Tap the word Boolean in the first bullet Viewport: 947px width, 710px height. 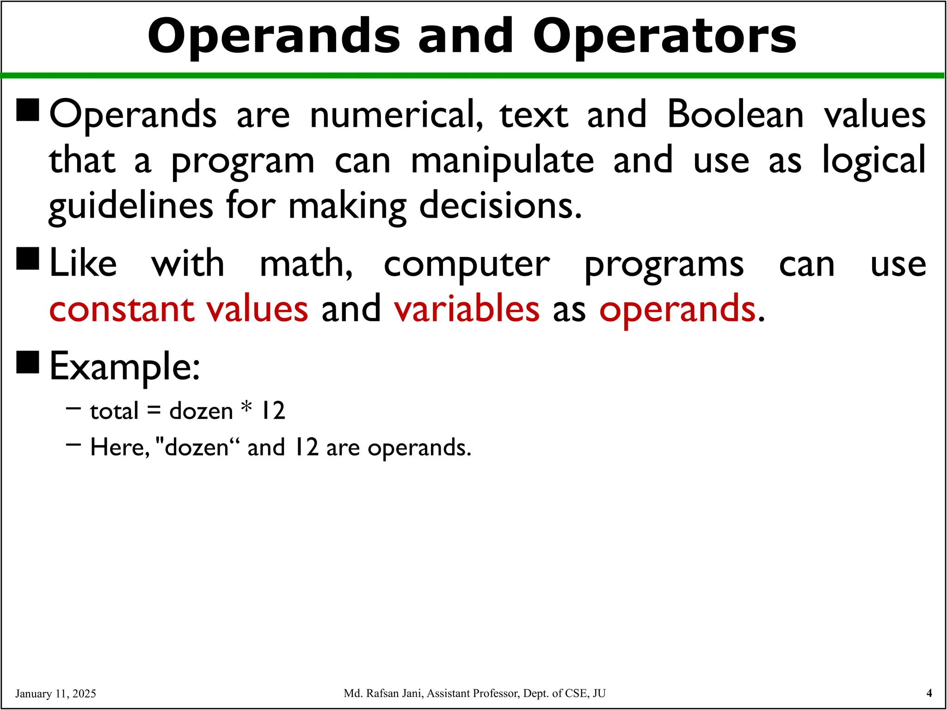735,114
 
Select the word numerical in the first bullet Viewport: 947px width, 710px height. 396,114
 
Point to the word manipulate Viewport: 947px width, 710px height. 503,161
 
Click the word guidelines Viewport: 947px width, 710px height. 131,206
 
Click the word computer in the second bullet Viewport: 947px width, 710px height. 467,265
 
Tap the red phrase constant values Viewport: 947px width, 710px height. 178,309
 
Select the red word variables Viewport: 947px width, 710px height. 467,309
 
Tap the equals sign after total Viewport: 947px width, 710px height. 154,411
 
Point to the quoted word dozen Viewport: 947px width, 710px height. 197,447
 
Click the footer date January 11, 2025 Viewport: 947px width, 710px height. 55,693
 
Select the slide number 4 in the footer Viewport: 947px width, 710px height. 929,693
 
